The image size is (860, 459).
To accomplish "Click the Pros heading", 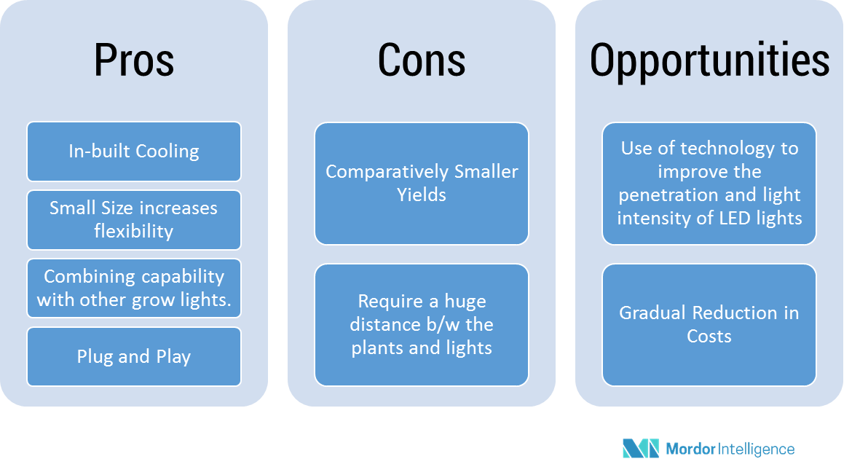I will [134, 60].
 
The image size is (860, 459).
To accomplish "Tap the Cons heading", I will [422, 60].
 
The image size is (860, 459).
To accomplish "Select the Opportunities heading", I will [709, 60].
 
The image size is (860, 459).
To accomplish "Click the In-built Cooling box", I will [134, 152].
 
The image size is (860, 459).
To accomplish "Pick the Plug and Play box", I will [134, 357].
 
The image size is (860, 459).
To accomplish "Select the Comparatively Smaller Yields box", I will [422, 184].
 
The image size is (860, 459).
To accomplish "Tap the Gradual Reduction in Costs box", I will [709, 325].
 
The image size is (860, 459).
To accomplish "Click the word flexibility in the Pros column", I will [134, 232].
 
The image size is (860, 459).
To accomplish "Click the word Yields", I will [422, 195].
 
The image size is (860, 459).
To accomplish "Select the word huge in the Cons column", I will [465, 301].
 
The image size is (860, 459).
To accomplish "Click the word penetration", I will [662, 195].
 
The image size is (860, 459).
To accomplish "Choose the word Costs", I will [709, 337].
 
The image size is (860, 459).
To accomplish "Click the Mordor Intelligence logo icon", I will [640, 448].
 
